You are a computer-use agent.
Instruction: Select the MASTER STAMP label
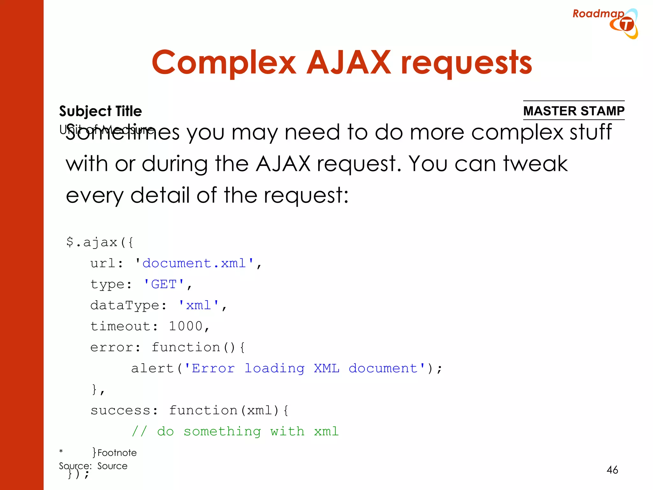(574, 111)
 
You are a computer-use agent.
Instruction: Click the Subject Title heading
(100, 111)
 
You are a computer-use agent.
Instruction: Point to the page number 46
(612, 470)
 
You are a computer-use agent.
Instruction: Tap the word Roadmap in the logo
(598, 14)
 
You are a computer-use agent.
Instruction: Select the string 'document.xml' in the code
(194, 263)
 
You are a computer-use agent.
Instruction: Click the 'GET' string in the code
(164, 284)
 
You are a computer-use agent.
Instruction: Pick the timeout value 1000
(186, 326)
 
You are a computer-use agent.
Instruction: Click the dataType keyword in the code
(124, 305)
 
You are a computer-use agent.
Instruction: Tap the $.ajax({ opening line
(99, 242)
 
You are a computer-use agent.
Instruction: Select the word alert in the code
(152, 368)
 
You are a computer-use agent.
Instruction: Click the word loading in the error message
(275, 368)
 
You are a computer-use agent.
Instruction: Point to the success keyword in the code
(120, 411)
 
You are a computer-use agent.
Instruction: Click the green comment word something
(222, 432)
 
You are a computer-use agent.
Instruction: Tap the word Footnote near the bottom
(117, 453)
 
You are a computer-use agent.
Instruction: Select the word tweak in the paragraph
(535, 164)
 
